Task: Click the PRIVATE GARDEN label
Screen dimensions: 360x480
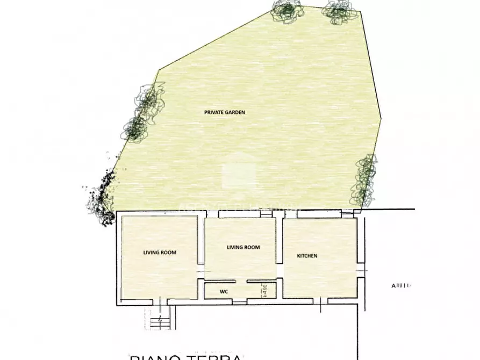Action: click(x=224, y=113)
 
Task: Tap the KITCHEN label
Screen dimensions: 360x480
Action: click(x=307, y=256)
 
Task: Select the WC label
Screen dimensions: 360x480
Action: click(x=224, y=292)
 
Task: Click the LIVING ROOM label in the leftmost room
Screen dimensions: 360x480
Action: click(x=160, y=252)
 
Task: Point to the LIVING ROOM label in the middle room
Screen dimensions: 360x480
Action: click(x=243, y=248)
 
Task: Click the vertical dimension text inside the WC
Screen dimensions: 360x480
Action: click(x=263, y=291)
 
